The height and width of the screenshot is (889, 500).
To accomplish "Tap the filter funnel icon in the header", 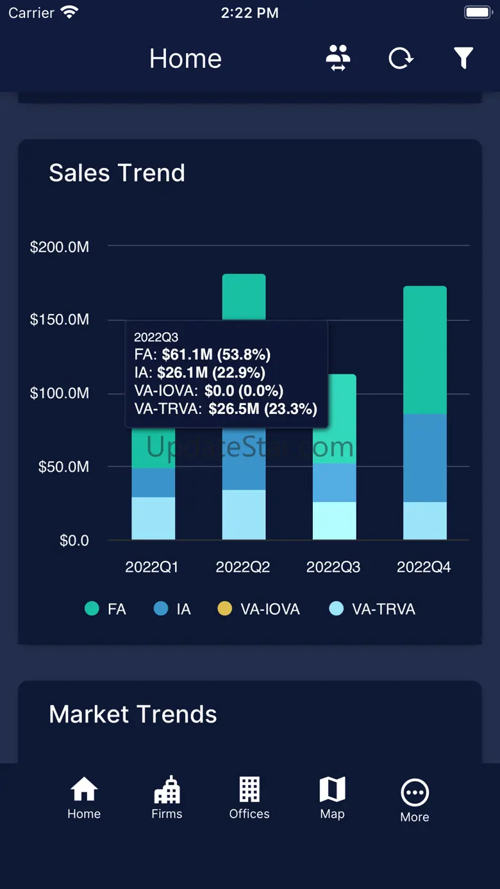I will point(463,58).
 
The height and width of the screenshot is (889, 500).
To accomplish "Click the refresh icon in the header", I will point(401,58).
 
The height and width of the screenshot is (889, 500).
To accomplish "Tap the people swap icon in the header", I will point(338,58).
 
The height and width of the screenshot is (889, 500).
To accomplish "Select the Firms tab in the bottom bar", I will point(167,798).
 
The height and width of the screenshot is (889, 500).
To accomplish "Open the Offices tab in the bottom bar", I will point(249,798).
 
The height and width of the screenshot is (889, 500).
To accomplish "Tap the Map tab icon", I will point(332,790).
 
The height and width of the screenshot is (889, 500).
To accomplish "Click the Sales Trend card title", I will point(117,173).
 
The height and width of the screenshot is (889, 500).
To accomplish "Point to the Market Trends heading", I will point(133,714).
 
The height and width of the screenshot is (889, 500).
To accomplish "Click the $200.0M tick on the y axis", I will point(60,247).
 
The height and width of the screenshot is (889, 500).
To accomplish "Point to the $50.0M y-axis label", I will point(63,467).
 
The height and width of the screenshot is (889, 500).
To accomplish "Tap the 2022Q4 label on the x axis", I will point(424,567).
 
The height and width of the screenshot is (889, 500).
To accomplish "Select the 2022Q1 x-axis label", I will point(152,567).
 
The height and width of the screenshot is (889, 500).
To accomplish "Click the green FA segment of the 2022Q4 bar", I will point(425,349).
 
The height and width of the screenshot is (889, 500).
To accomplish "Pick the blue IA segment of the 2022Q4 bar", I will point(425,458).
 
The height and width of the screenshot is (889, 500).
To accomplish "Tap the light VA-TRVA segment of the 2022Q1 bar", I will point(153,518).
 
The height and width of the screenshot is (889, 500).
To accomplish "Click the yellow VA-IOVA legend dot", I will point(224,609).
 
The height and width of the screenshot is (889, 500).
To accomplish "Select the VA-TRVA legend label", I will point(383,609).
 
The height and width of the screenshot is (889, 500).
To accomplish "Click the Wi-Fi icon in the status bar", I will point(69,12).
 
